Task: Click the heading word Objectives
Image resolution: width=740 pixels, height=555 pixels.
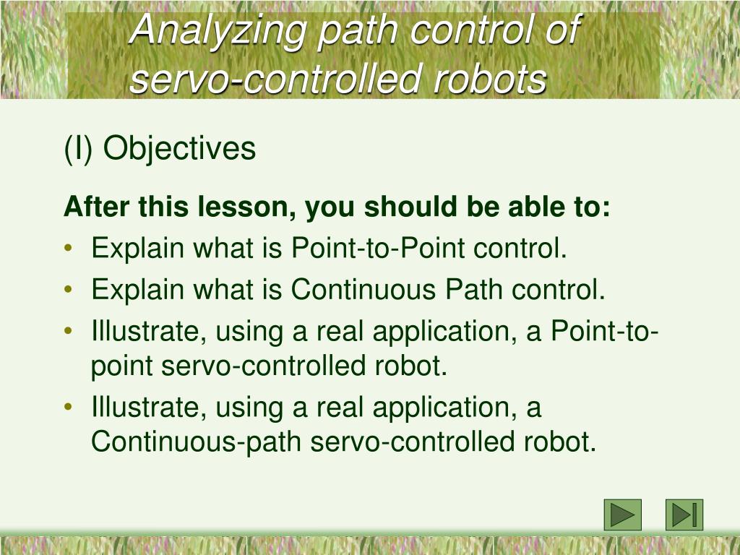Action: [179, 149]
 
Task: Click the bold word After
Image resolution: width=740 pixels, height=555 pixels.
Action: [97, 208]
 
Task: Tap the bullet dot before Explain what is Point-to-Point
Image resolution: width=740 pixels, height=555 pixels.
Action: [68, 250]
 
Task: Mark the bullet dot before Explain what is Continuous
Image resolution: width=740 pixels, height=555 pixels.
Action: [68, 291]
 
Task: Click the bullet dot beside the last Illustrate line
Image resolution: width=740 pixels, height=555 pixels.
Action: [68, 408]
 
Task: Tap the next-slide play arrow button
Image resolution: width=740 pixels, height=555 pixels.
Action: [622, 515]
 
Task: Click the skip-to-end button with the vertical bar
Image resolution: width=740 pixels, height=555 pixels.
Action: [684, 515]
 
